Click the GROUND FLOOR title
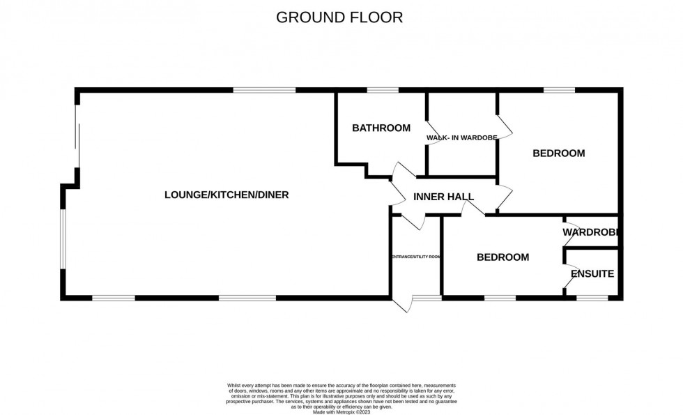pos(339,17)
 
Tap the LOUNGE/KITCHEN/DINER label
pos(227,195)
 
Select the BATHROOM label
pos(381,128)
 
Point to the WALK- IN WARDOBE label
pos(461,138)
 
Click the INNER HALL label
pos(443,197)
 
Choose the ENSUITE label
pos(592,274)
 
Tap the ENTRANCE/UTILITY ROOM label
pos(415,257)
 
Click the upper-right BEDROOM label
pos(558,153)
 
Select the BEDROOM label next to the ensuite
pos(502,257)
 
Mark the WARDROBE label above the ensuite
pos(592,232)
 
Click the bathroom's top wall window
pos(383,90)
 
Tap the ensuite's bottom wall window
pos(592,299)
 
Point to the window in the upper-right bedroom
pos(559,90)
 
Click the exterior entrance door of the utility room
pos(403,304)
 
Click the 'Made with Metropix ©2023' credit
pos(341,412)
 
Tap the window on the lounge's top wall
pos(264,90)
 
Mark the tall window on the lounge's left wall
pos(63,239)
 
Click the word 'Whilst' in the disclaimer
pos(235,386)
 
